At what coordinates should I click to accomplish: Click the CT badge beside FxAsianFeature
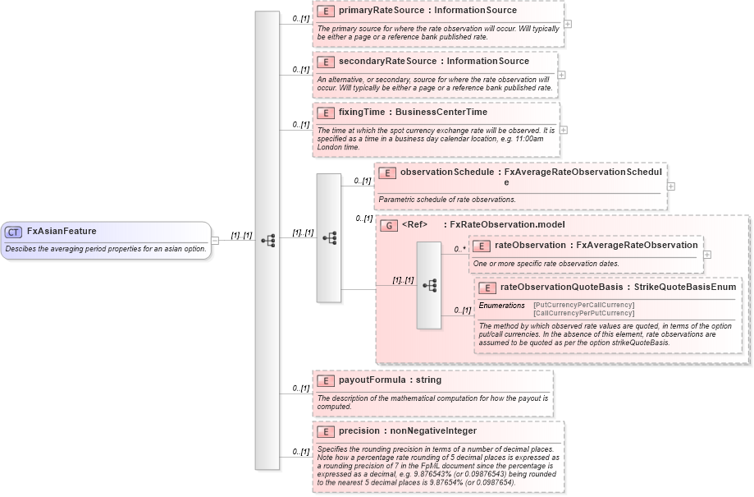[13, 232]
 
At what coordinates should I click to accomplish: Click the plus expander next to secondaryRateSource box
[561, 75]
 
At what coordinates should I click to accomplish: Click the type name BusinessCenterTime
[441, 112]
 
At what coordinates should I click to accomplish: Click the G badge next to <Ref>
[390, 224]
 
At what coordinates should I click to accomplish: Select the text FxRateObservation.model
[507, 224]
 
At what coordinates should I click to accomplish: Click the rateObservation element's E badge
[482, 245]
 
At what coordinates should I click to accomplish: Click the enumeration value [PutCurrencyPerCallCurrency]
[583, 306]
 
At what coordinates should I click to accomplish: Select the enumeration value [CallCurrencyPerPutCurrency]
[583, 313]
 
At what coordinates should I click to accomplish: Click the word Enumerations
[501, 306]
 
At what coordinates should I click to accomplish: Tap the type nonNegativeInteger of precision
[433, 430]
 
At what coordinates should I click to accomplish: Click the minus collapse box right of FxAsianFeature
[215, 241]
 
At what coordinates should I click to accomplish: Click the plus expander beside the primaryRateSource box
[568, 24]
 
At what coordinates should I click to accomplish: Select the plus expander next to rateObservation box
[707, 255]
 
